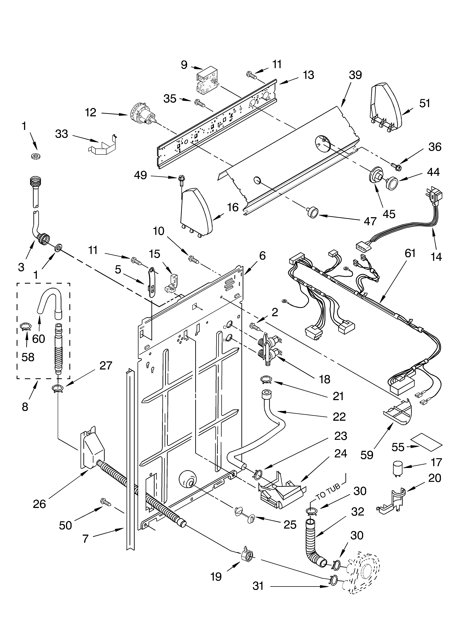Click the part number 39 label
click(355, 75)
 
